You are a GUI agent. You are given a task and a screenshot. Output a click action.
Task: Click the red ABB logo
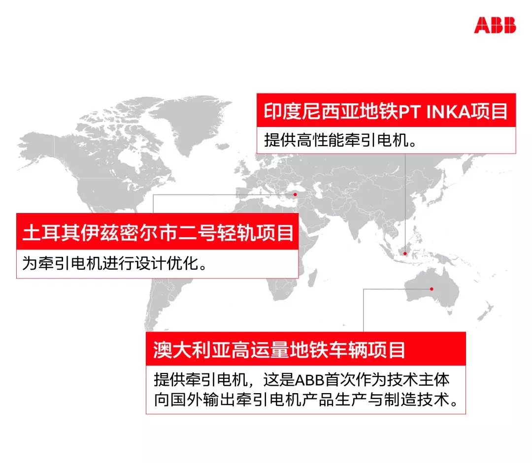[495, 26]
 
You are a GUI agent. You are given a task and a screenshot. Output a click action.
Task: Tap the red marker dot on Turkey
[295, 194]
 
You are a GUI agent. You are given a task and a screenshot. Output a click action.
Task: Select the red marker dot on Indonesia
[405, 253]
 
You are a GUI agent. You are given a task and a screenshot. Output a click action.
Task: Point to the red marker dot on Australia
[432, 289]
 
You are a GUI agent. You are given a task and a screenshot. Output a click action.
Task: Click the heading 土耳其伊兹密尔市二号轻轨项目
[158, 233]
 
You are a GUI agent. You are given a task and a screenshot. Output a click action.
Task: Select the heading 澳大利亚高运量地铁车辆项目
[279, 350]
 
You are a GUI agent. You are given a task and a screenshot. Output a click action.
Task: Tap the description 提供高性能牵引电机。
[340, 140]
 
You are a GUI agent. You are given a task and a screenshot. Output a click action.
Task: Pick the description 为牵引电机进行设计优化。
[115, 263]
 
